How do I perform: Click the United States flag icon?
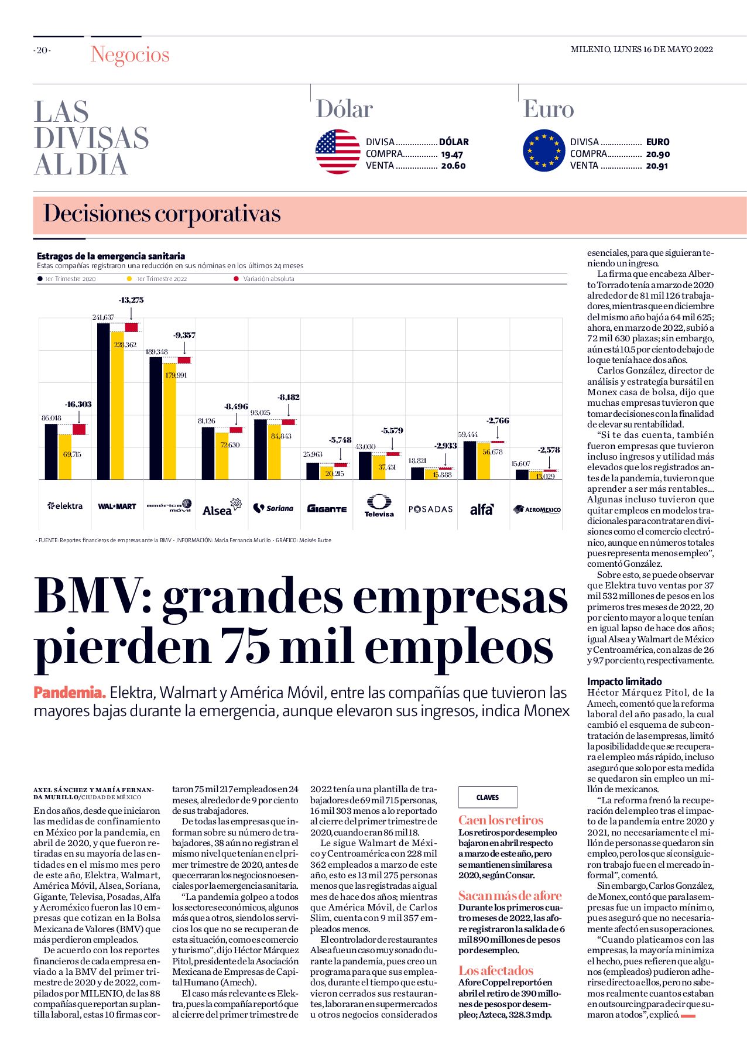pyautogui.click(x=338, y=152)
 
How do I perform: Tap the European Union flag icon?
pyautogui.click(x=544, y=151)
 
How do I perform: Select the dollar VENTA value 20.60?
pyautogui.click(x=453, y=166)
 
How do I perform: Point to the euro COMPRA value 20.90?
pyautogui.click(x=657, y=154)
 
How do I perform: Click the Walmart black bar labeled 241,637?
pyautogui.click(x=103, y=401)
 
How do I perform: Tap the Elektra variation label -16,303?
pyautogui.click(x=78, y=404)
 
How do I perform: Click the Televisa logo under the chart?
pyautogui.click(x=379, y=506)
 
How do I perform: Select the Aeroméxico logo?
pyautogui.click(x=537, y=509)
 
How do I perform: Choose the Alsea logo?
pyautogui.click(x=222, y=507)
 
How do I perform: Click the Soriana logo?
pyautogui.click(x=273, y=508)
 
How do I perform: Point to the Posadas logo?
pyautogui.click(x=431, y=509)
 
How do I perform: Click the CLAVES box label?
pyautogui.click(x=488, y=797)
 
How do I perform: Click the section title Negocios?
pyautogui.click(x=130, y=54)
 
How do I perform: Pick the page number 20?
pyautogui.click(x=42, y=50)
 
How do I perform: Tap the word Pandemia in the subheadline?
pyautogui.click(x=70, y=693)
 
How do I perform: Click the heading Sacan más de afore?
pyautogui.click(x=510, y=895)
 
